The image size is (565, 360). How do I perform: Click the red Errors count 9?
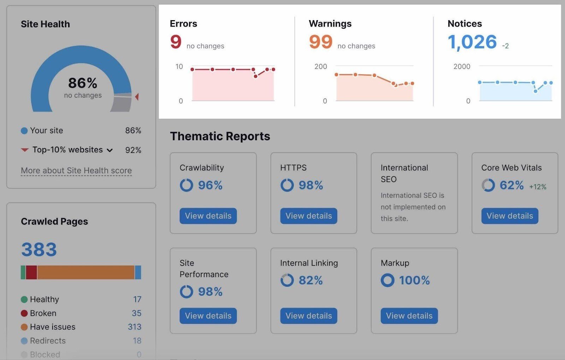176,42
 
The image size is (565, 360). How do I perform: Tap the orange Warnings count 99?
321,42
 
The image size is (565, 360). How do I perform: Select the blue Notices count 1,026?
472,42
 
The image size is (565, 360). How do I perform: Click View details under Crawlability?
208,216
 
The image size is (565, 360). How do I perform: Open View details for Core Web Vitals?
510,216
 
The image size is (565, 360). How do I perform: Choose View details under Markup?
409,316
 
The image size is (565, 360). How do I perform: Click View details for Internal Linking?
309,316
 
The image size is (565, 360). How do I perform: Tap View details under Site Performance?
208,316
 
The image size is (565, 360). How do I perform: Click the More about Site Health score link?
76,171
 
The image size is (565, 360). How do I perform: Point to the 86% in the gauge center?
83,83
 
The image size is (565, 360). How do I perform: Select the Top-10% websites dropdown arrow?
110,150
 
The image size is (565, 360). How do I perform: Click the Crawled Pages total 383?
39,250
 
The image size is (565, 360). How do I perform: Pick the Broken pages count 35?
136,313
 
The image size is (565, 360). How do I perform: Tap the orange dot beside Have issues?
24,327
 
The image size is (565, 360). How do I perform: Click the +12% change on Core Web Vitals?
537,187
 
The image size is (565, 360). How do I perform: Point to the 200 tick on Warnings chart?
321,66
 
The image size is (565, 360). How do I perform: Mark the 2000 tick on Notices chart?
462,66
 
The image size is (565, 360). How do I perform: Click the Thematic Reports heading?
220,136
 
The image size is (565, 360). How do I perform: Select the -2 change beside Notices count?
505,46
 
